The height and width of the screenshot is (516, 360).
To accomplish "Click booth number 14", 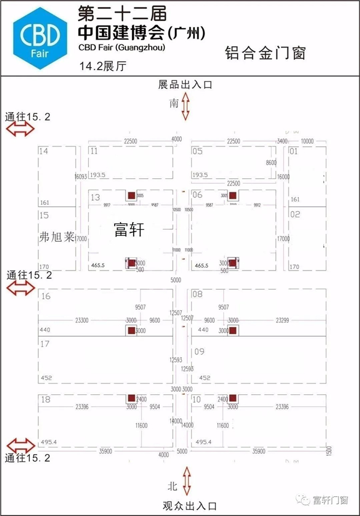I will tap(43, 151).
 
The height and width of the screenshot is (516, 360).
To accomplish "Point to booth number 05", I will tap(197, 151).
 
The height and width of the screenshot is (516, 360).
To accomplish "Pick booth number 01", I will tap(294, 151).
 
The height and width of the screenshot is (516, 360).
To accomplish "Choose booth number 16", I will tap(45, 296).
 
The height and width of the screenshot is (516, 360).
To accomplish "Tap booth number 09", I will tap(199, 352).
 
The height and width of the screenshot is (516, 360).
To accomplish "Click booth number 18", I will tap(45, 400).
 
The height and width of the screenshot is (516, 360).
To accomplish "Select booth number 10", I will tap(197, 400).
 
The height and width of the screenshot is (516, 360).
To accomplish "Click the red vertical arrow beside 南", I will tap(186, 106).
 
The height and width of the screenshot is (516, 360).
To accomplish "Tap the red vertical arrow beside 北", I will tap(187, 482).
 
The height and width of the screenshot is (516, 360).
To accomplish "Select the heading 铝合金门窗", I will tap(266, 53).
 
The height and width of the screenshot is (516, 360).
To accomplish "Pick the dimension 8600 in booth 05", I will tap(271, 163).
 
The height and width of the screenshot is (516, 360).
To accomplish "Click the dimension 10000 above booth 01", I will tap(307, 141).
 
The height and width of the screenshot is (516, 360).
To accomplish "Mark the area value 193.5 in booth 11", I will tap(98, 175).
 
